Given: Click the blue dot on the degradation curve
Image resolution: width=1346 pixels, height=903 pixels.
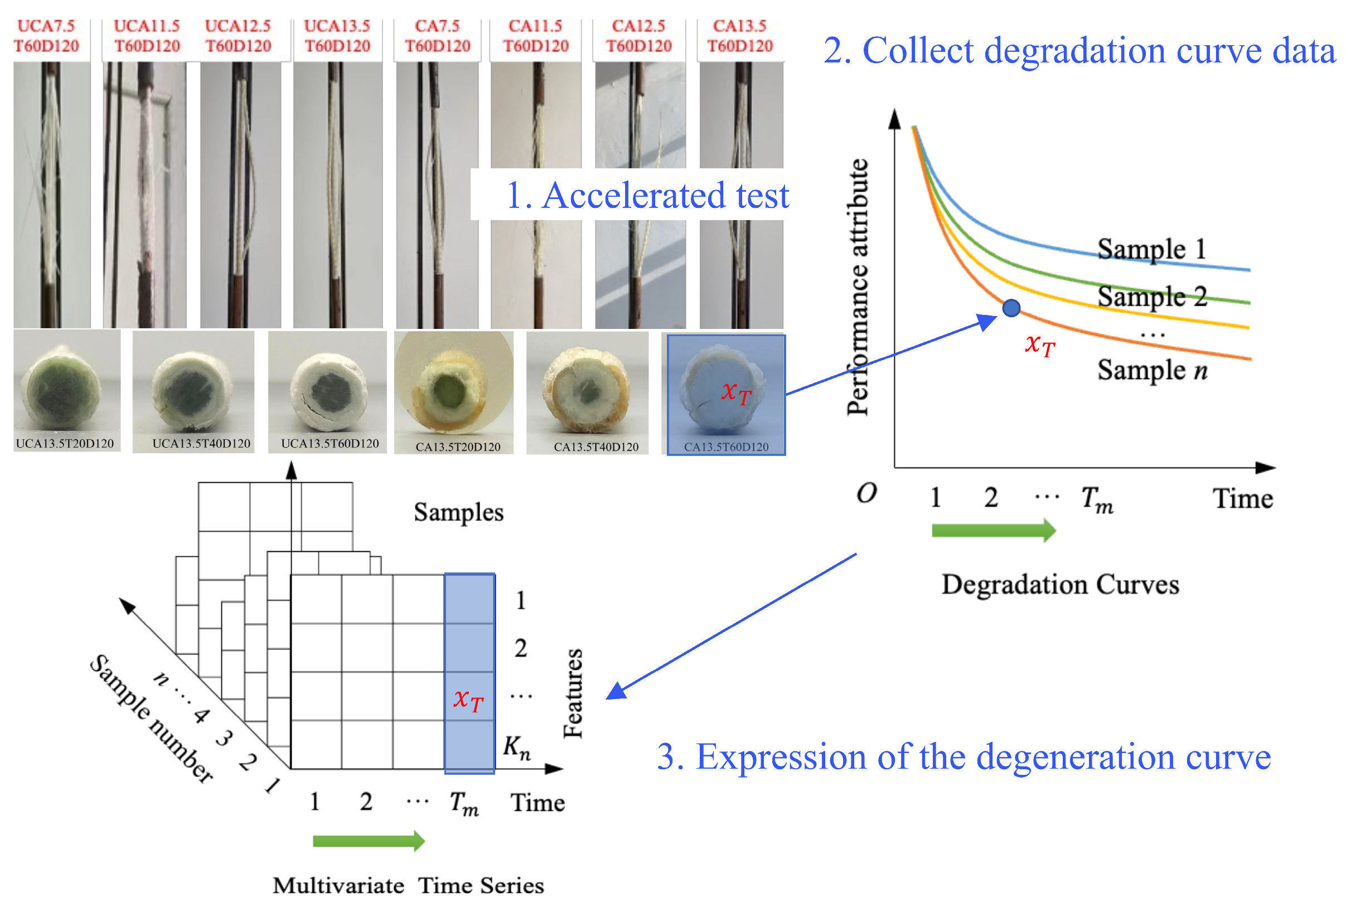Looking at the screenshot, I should coord(1011,308).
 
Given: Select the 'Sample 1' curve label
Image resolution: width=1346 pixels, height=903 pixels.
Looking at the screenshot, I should coord(1151,249).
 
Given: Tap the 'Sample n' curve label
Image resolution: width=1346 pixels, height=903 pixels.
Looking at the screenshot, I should coord(1151,370).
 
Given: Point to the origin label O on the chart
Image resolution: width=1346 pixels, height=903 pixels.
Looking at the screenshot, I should coord(866,493).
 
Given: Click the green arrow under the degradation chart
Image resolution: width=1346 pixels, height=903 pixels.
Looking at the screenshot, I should coord(993,530).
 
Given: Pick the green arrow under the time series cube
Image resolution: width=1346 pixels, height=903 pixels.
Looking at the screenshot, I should coord(368,841).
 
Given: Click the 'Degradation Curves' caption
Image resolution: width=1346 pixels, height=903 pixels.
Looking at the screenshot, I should coord(1060,585).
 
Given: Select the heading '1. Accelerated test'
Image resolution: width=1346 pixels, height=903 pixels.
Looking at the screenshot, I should coord(647,195).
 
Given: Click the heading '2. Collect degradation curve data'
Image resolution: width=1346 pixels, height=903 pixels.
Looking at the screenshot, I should coord(1079,51).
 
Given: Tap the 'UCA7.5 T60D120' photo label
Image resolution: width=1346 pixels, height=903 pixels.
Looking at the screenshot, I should coord(46,36).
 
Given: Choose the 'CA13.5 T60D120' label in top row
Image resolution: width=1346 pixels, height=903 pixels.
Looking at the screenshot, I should coord(739,36).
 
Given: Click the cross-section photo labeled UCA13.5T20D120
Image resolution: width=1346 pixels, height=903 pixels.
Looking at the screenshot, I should coord(66,390).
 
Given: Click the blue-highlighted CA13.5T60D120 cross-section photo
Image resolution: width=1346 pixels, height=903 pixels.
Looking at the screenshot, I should coord(726,394).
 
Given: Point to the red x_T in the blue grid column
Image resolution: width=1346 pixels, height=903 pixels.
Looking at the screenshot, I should coord(468,700).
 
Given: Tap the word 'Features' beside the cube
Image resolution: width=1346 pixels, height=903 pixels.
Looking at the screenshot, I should coord(573,693).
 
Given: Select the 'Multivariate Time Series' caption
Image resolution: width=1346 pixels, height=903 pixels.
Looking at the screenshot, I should coord(408,885).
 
